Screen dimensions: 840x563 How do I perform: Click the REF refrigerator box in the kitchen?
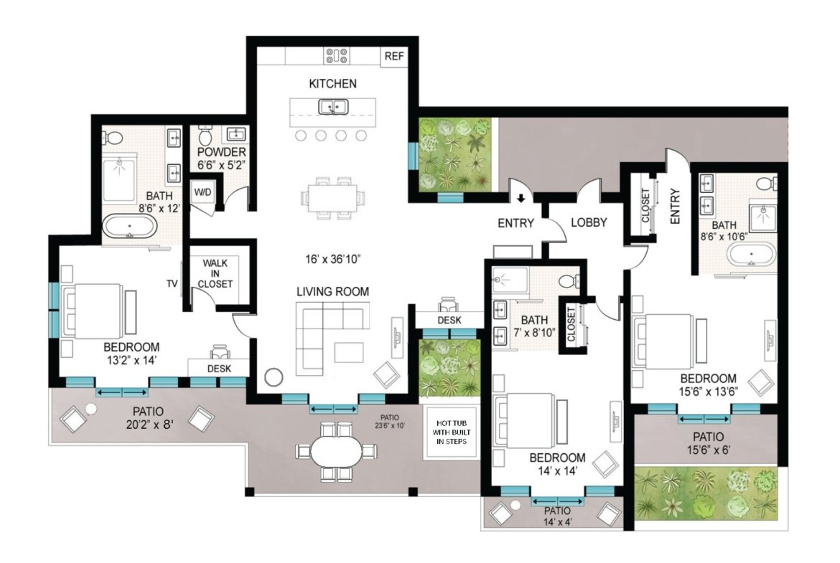tap(394, 56)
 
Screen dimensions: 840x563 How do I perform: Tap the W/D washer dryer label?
tap(202, 191)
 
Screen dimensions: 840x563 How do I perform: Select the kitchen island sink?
tap(334, 107)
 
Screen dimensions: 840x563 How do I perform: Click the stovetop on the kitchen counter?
tap(337, 56)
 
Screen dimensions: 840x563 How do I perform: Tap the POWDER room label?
tap(221, 152)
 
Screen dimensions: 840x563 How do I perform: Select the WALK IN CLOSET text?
tap(215, 273)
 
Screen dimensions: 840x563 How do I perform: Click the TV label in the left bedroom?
tap(172, 283)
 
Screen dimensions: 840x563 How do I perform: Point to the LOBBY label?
tap(589, 222)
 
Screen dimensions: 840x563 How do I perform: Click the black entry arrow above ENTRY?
tap(521, 199)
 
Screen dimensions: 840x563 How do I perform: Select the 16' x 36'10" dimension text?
tap(333, 259)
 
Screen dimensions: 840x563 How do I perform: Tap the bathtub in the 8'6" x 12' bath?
tap(130, 227)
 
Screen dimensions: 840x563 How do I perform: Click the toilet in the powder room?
tap(206, 136)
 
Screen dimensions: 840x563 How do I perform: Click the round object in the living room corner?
tap(274, 377)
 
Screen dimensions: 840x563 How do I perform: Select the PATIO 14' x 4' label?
tap(557, 516)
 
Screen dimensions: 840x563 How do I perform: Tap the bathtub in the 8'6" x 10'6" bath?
tap(751, 254)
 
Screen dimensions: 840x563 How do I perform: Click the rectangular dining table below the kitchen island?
tap(332, 197)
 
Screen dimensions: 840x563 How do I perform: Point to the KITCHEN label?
tap(332, 83)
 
